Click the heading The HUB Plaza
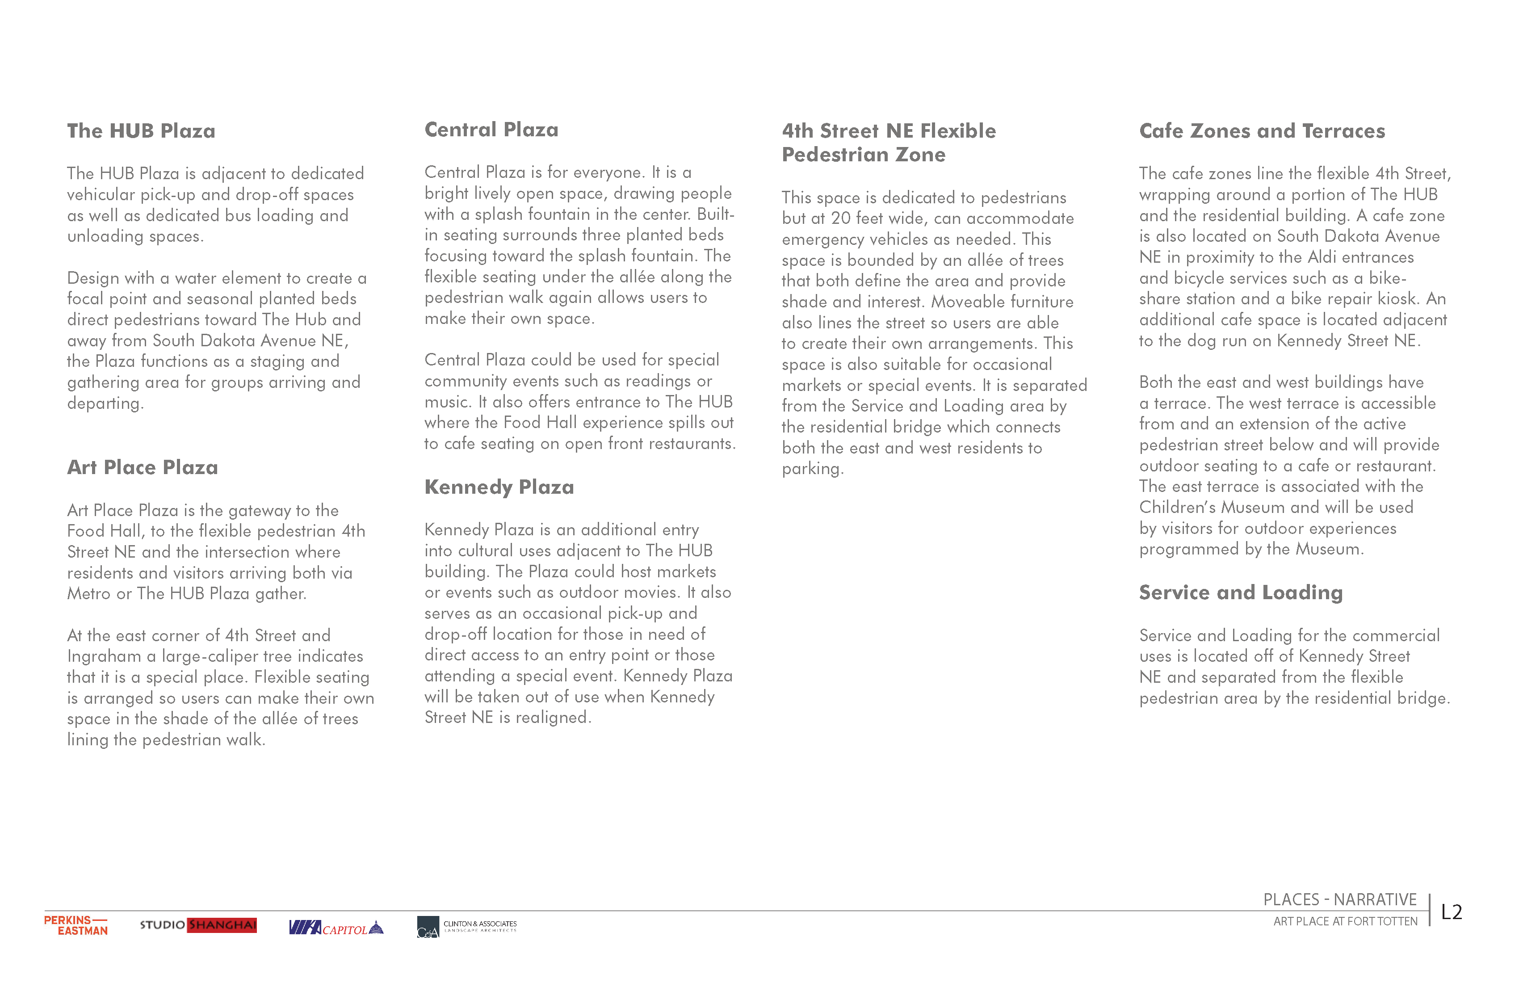pyautogui.click(x=141, y=131)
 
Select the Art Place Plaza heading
pyautogui.click(x=143, y=467)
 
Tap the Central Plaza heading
pyautogui.click(x=491, y=130)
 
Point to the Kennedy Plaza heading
pyautogui.click(x=499, y=487)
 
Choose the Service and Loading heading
pyautogui.click(x=1241, y=592)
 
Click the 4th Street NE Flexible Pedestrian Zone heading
pyautogui.click(x=889, y=143)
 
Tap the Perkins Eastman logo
pyautogui.click(x=76, y=925)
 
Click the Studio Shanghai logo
pyautogui.click(x=198, y=925)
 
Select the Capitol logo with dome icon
pyautogui.click(x=336, y=928)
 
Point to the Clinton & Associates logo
pyautogui.click(x=466, y=927)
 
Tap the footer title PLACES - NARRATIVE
pyautogui.click(x=1340, y=899)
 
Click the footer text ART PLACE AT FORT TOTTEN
pyautogui.click(x=1345, y=922)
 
